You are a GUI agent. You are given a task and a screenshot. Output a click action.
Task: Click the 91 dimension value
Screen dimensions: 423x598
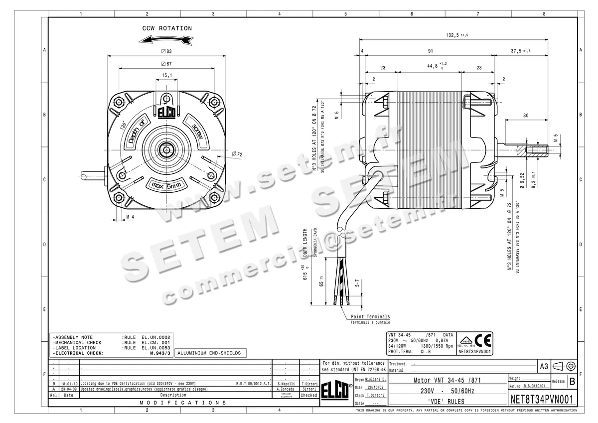430,51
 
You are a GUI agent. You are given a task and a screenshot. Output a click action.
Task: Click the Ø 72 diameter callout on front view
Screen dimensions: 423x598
236,154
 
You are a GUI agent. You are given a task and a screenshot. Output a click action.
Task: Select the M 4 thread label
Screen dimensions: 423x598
130,217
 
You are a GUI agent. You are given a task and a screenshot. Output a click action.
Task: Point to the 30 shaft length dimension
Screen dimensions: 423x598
526,115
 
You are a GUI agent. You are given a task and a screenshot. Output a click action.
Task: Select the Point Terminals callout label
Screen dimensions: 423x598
370,317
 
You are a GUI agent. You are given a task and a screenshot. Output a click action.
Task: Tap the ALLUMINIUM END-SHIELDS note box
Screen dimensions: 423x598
209,353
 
